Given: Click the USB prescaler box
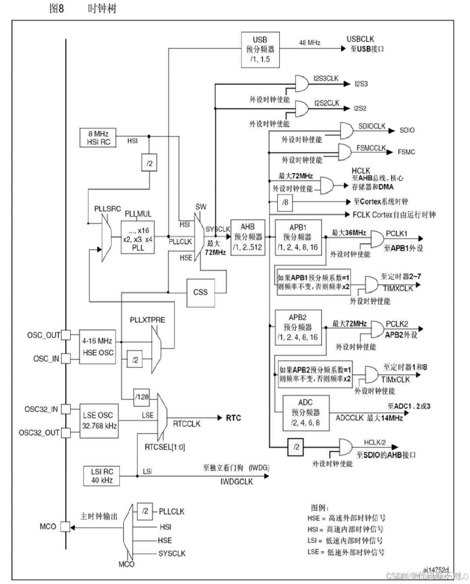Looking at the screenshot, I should pos(260,50).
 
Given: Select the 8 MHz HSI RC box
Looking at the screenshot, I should pos(98,138).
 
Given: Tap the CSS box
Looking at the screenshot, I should pos(200,292).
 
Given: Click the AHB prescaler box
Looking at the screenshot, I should pos(248,237).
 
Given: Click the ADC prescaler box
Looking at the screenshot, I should pos(306,412).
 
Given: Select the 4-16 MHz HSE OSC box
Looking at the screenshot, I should pos(97,347).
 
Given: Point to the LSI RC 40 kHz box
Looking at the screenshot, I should pos(102,476).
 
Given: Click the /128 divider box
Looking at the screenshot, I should pos(142,397).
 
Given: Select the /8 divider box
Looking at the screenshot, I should pos(285,202).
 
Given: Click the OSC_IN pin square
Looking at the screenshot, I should pos(65,358).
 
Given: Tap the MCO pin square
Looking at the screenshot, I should pos(65,526).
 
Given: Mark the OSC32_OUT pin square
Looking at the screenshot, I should pos(65,432).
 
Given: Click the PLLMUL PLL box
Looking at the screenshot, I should pos(138,237).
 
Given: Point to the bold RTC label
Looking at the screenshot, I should pos(233,418).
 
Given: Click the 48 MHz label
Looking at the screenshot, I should pos(310,42).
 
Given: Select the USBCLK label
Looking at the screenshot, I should pos(360,39).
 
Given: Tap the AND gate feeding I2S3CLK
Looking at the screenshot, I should pos(302,82).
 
